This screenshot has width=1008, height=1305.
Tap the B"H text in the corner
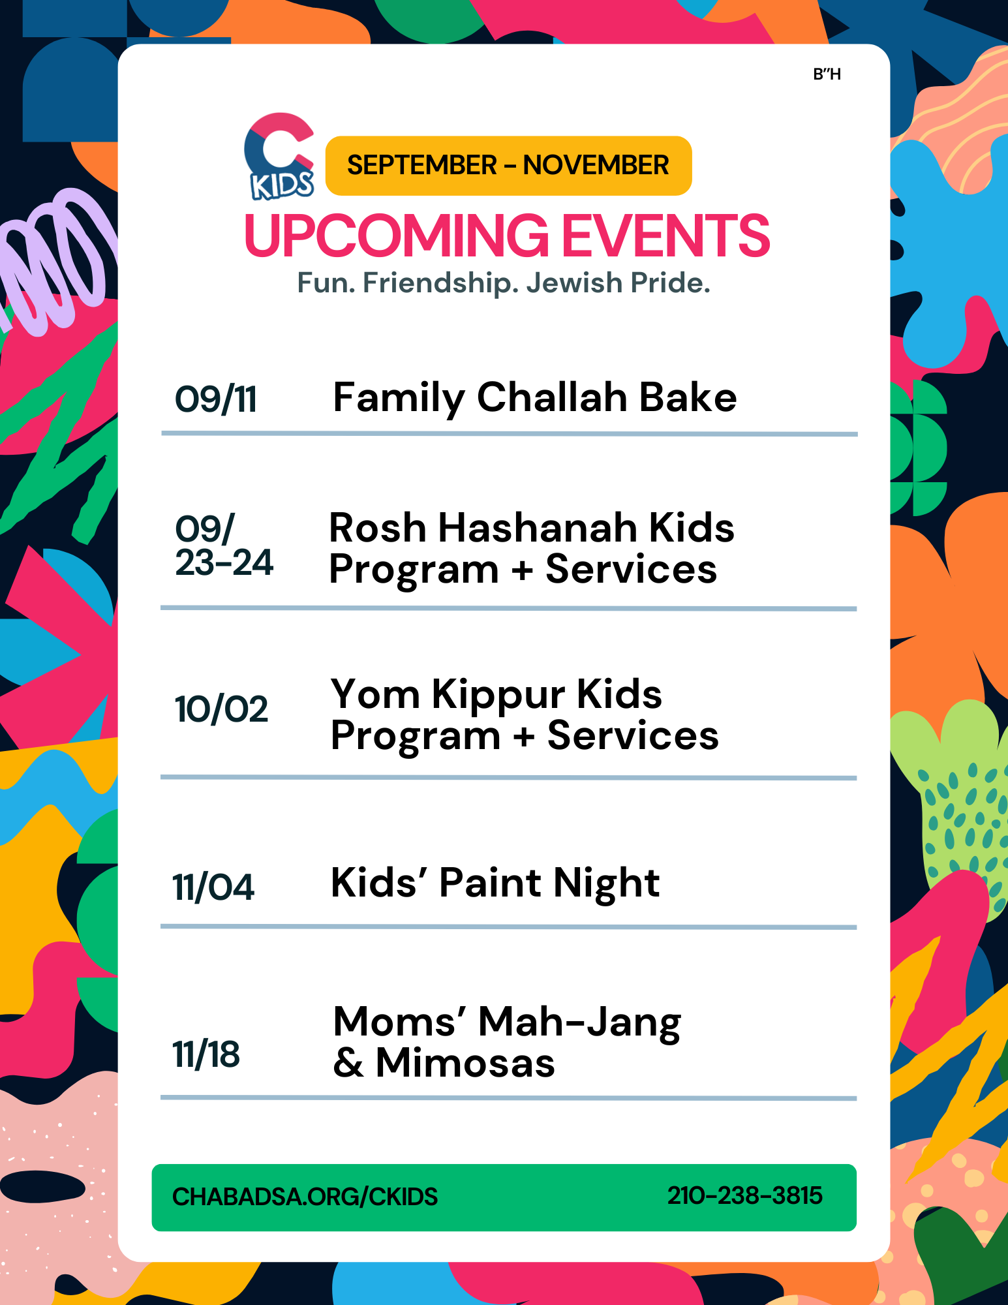[x=827, y=74]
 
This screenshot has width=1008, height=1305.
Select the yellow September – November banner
[x=508, y=166]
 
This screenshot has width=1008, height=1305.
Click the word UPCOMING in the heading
[x=397, y=236]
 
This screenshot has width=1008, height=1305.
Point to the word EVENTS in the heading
[x=666, y=236]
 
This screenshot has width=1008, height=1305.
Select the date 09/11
[x=216, y=399]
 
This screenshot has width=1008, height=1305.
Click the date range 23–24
[x=224, y=562]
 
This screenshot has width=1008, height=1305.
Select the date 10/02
[x=221, y=709]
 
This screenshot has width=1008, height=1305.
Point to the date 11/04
[x=213, y=887]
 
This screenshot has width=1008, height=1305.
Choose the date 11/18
[x=206, y=1055]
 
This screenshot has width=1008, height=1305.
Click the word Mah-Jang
[x=579, y=1023]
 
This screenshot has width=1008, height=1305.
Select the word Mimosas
[x=465, y=1063]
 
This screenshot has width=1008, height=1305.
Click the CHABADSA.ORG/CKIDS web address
[x=305, y=1197]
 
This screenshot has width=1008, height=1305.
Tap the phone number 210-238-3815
[x=744, y=1196]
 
